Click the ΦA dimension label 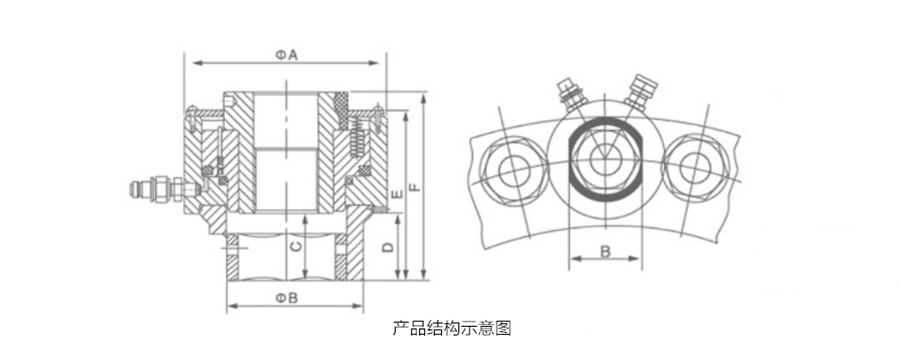pos(288,54)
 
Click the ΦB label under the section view pos(288,298)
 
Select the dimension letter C pos(296,248)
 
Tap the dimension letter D pos(389,248)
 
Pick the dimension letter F pos(415,186)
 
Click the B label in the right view pos(606,251)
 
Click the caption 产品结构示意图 pos(450,328)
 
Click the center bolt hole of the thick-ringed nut pos(603,159)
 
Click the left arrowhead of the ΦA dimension pos(194,64)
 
